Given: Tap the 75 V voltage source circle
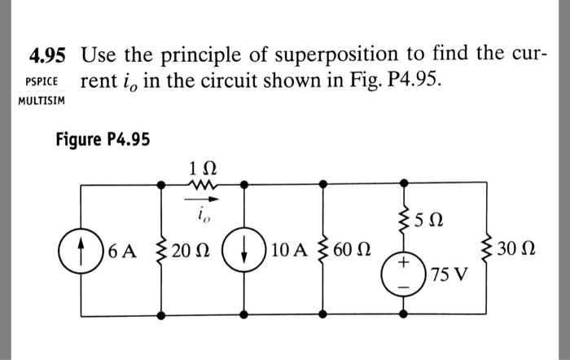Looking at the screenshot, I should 401,275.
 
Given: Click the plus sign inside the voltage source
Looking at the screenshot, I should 401,265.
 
